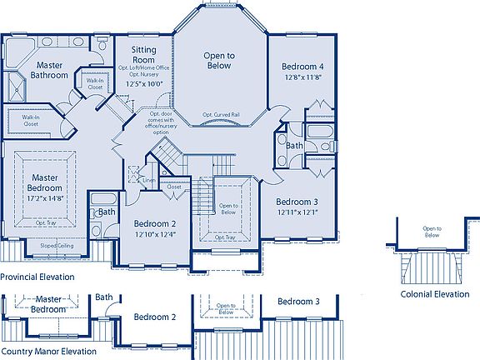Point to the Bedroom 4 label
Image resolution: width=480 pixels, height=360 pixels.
tap(301, 67)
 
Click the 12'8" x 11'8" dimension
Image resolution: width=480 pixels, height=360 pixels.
tap(301, 77)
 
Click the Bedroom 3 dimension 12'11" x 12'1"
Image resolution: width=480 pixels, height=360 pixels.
tap(297, 212)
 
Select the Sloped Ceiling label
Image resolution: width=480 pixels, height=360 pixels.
tap(56, 246)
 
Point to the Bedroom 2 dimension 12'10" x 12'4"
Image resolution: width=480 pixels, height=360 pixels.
tap(154, 235)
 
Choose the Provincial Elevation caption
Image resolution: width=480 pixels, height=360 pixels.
tap(37, 277)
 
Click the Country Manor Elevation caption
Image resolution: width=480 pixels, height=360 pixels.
tap(47, 352)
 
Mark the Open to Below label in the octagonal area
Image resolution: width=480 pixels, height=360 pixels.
tap(220, 61)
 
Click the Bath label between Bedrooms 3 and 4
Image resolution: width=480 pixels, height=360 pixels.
tap(294, 145)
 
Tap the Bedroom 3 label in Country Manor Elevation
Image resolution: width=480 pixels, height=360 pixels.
tap(298, 301)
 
